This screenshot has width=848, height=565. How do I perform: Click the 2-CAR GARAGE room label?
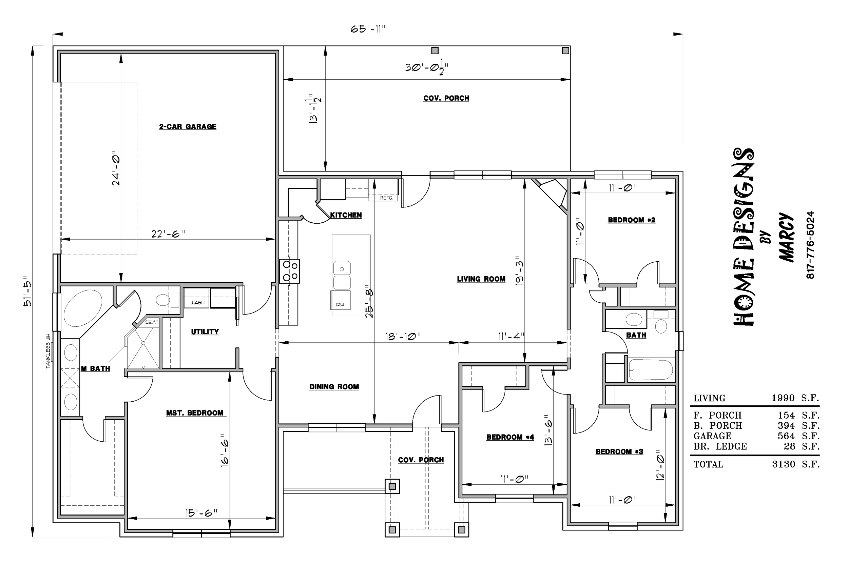pyautogui.click(x=188, y=127)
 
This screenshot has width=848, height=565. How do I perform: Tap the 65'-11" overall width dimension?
pyautogui.click(x=368, y=29)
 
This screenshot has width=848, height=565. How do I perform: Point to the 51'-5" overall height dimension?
pyautogui.click(x=27, y=291)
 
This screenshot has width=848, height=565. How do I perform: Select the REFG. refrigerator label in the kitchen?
pyautogui.click(x=386, y=198)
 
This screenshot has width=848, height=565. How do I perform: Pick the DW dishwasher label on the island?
pyautogui.click(x=340, y=304)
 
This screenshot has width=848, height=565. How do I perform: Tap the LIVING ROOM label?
pyautogui.click(x=481, y=279)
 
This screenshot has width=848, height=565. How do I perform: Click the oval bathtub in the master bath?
pyautogui.click(x=82, y=308)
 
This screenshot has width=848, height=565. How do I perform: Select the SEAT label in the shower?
pyautogui.click(x=152, y=322)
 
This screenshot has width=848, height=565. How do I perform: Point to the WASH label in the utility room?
pyautogui.click(x=197, y=303)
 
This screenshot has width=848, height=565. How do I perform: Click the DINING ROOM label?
pyautogui.click(x=334, y=387)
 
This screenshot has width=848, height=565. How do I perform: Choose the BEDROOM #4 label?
pyautogui.click(x=510, y=438)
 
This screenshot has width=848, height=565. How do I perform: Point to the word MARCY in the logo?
pyautogui.click(x=786, y=238)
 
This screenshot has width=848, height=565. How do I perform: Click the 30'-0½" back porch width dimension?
pyautogui.click(x=426, y=68)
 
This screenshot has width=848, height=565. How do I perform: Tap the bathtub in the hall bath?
pyautogui.click(x=651, y=370)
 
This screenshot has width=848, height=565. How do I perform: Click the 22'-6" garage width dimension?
pyautogui.click(x=168, y=234)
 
